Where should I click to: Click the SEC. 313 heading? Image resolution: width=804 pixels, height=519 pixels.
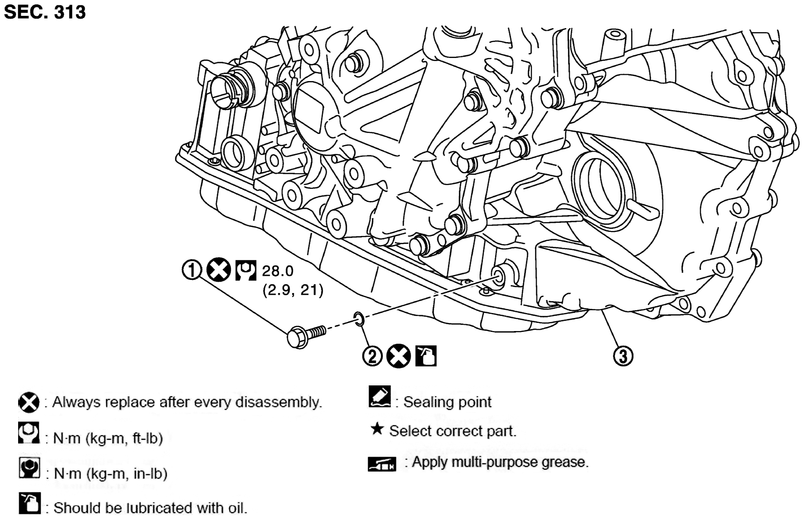[x=44, y=12]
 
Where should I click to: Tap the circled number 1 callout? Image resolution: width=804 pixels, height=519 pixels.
[x=191, y=270]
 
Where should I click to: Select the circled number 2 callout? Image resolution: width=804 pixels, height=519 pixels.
[x=372, y=356]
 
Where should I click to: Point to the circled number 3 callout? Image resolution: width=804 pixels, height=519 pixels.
[x=623, y=356]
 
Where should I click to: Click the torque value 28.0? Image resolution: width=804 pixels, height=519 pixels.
[x=278, y=271]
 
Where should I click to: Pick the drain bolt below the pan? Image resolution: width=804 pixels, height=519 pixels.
[x=307, y=336]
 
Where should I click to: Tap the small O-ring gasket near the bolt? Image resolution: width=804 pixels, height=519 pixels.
[x=358, y=319]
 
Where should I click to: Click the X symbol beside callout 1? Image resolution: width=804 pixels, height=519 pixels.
[x=218, y=270]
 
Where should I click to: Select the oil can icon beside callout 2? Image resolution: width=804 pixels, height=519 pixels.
[x=425, y=356]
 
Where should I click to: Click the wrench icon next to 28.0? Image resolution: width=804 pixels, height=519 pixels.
[x=246, y=270]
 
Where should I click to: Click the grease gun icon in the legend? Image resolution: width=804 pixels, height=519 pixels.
[x=382, y=464]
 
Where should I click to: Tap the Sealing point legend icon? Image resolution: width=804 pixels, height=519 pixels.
[x=380, y=397]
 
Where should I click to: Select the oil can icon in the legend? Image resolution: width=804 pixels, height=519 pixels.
[x=30, y=503]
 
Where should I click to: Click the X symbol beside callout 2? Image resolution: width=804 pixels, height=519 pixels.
[x=398, y=356]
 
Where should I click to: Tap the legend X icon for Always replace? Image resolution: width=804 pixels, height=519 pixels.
[x=29, y=403]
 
